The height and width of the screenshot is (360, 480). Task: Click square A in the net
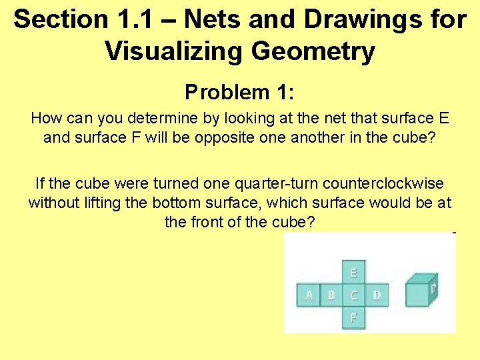[x=308, y=294]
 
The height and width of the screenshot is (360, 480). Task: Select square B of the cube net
[x=331, y=294]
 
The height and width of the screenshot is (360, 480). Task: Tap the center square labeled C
[x=353, y=294]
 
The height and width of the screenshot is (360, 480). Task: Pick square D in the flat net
[x=377, y=294]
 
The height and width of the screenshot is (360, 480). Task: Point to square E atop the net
[x=353, y=272]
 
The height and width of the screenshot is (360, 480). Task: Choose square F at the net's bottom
[x=353, y=317]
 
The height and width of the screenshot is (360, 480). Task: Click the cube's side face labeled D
[x=433, y=289]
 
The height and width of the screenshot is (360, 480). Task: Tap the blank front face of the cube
[x=417, y=294]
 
